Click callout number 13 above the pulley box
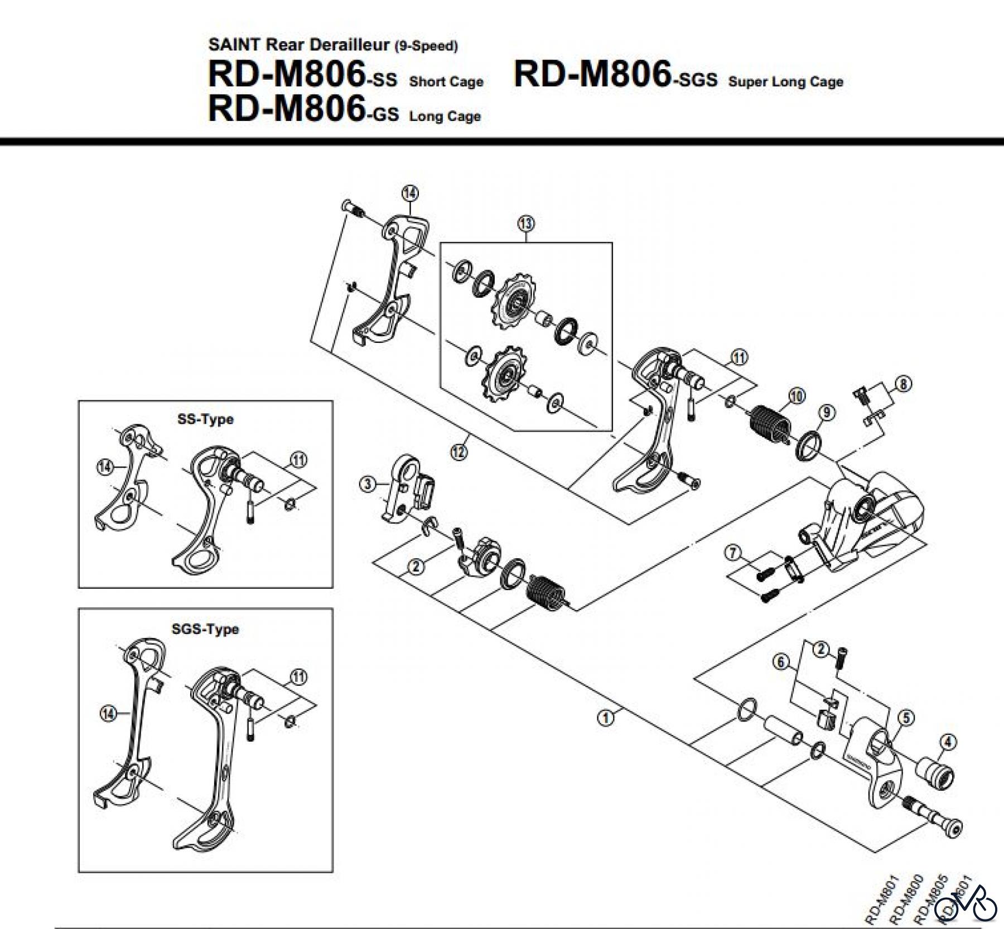[x=526, y=224]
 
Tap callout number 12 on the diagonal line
[x=458, y=452]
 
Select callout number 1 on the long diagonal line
[x=606, y=717]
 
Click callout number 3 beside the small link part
[x=367, y=484]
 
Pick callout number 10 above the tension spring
[x=797, y=396]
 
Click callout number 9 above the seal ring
[x=827, y=413]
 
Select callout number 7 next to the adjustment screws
[x=733, y=553]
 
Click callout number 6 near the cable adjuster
[x=781, y=662]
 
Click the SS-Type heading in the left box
[x=205, y=419]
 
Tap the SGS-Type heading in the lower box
[x=205, y=629]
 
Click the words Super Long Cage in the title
[x=785, y=82]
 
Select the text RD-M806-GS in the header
[x=303, y=109]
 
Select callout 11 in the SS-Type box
[x=299, y=459]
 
